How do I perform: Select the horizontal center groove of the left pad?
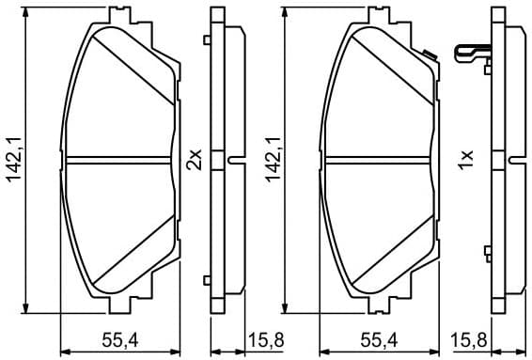click(x=118, y=157)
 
